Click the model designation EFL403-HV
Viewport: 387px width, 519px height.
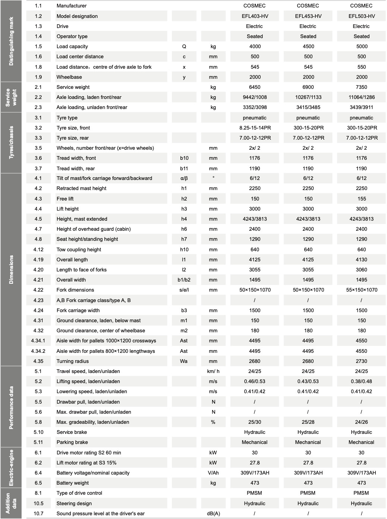255,16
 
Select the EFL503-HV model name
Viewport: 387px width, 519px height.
361,16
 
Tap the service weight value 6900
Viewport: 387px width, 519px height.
308,87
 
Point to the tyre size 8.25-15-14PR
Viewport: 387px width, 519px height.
255,128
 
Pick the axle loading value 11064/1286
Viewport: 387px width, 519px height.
361,97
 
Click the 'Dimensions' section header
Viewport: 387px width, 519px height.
11,270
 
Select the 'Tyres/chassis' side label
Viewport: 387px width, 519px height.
11,143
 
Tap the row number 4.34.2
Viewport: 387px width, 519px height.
38,351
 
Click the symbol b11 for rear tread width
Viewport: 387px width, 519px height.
184,168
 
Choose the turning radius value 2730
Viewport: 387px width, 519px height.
361,361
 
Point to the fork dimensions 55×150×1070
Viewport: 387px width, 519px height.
361,290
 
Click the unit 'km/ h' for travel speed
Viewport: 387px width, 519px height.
213,371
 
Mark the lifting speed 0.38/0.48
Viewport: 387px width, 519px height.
361,381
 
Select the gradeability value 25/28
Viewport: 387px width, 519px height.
308,422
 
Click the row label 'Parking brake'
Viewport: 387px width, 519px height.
72,442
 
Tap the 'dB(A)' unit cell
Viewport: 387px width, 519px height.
213,513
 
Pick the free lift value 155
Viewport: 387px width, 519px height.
361,199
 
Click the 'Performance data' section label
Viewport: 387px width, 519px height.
11,407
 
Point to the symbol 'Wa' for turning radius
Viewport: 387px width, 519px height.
184,361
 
